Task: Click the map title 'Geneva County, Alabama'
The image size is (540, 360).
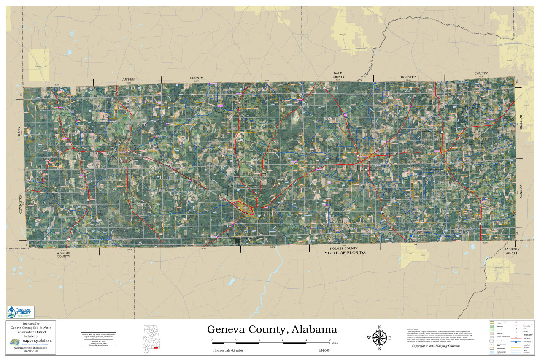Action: [x=272, y=329]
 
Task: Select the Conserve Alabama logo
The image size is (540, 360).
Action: [x=21, y=312]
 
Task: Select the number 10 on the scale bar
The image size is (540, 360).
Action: [x=330, y=340]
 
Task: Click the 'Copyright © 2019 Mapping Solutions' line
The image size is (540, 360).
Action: [x=436, y=346]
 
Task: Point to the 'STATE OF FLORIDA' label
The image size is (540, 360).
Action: [x=345, y=253]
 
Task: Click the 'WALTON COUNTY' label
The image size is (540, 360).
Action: [x=63, y=254]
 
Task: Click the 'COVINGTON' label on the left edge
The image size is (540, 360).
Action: [x=20, y=204]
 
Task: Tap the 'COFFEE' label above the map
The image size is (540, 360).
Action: [x=127, y=79]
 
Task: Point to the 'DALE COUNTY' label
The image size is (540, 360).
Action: [x=338, y=75]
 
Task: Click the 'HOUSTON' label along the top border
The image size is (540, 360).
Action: [x=408, y=77]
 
